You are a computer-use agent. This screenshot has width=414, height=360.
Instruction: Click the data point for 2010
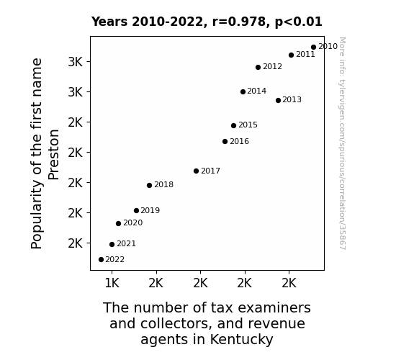click(313, 48)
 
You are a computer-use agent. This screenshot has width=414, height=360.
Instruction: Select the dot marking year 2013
click(278, 100)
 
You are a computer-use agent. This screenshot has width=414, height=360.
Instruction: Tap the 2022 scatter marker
click(101, 260)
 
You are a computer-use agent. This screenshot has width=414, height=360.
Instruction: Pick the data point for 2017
click(196, 171)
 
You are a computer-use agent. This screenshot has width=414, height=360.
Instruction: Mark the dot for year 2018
click(149, 186)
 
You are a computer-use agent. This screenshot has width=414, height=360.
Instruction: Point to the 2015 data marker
click(233, 126)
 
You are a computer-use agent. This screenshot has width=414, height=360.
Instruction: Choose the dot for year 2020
click(118, 224)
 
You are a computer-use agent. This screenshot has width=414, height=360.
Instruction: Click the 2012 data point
click(258, 68)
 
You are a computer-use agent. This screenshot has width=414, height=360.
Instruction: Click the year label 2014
click(256, 91)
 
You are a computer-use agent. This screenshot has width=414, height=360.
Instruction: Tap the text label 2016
click(239, 142)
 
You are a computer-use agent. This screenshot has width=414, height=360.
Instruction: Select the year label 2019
click(150, 210)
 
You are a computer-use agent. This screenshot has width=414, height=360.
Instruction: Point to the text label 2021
click(126, 244)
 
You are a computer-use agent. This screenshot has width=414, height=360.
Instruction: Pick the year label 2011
click(305, 55)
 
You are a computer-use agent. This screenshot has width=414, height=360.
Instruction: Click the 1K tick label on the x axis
click(112, 284)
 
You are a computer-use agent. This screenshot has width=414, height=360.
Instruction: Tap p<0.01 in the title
click(299, 22)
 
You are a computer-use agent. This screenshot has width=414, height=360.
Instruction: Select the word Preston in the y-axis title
click(53, 155)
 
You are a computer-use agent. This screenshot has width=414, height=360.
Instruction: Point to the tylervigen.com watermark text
click(342, 143)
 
